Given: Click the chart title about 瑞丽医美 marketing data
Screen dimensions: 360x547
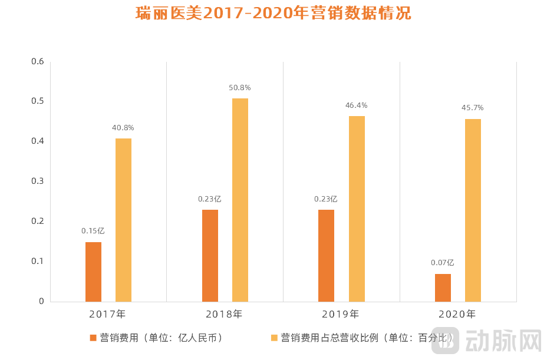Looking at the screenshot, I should (x=273, y=14).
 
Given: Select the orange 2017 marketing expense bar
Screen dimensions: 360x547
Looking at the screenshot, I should (x=93, y=272).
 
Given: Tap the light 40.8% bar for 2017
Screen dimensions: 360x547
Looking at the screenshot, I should (x=123, y=220).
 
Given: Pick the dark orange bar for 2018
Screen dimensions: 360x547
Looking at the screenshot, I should (x=210, y=256).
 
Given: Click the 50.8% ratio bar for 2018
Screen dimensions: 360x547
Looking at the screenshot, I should (x=240, y=200).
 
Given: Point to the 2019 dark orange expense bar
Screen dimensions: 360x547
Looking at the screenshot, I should (x=326, y=256).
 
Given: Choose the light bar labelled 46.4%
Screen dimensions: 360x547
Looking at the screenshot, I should (x=357, y=209).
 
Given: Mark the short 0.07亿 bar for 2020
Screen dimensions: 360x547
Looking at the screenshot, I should (x=443, y=288).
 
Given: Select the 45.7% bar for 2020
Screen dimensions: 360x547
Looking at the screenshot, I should (x=473, y=210).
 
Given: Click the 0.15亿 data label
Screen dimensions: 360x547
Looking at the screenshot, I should (x=93, y=231).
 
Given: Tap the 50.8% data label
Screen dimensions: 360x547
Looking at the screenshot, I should (x=240, y=88).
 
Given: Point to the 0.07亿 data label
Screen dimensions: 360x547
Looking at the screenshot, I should (x=443, y=263).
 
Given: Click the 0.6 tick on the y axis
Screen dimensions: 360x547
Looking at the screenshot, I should (x=37, y=61).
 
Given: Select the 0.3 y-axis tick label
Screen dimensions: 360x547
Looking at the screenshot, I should (x=37, y=181).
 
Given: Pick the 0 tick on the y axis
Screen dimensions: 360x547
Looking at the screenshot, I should (x=41, y=301).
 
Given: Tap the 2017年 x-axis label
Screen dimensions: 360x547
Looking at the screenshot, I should (x=107, y=314).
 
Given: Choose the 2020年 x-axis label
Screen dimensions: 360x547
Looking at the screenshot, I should (x=457, y=314).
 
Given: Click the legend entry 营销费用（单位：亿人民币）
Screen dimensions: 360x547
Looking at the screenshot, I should (x=156, y=338).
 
